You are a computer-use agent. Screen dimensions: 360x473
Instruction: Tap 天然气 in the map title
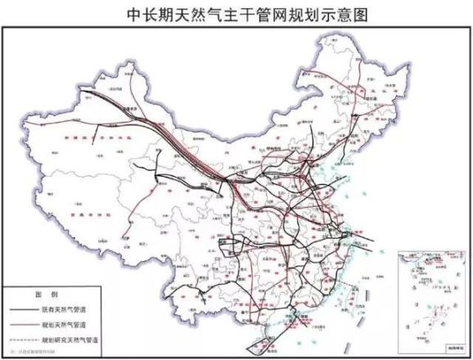pyautogui.click(x=200, y=14)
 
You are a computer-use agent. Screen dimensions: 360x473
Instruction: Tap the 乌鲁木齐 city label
pyautogui.click(x=127, y=107)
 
